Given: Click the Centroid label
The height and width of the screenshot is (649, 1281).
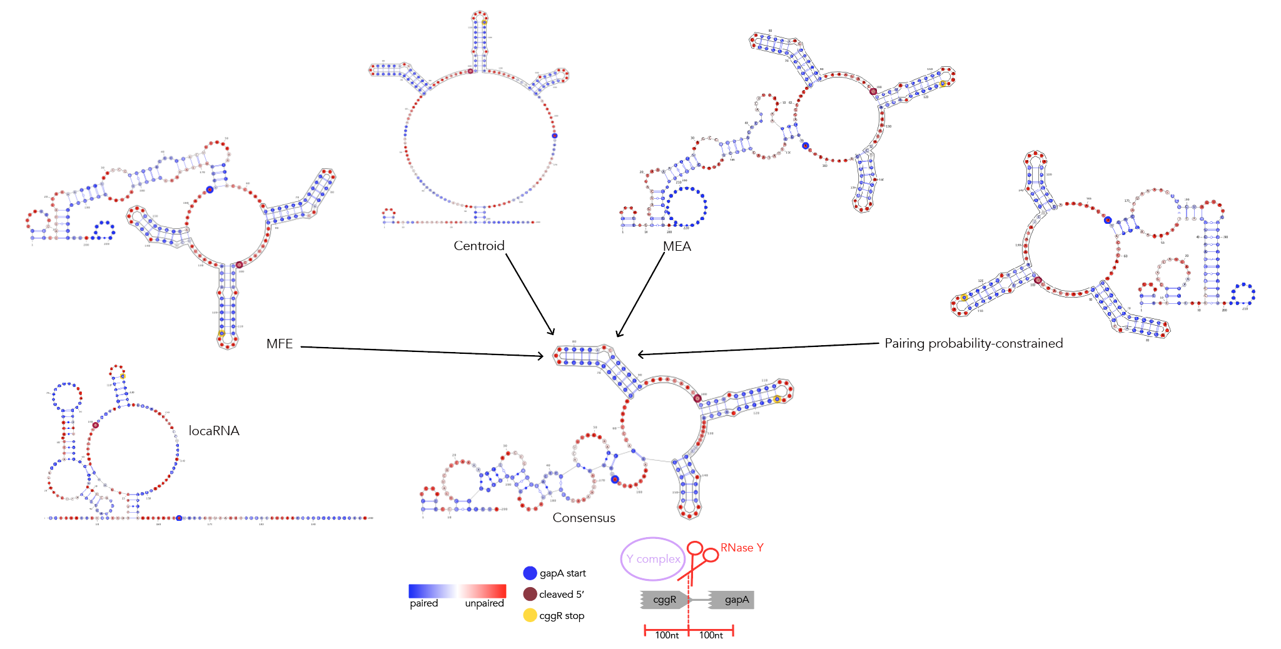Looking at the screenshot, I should (478, 246).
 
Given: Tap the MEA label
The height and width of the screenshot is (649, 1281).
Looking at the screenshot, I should (677, 246).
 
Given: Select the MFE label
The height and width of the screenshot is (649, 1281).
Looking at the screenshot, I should (279, 344).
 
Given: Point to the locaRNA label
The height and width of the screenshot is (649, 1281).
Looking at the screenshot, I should (214, 431).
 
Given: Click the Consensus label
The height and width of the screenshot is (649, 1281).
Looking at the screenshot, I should (584, 518).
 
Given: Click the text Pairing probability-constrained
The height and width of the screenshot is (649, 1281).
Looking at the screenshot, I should (973, 343).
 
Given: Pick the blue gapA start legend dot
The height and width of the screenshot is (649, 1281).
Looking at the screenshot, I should (530, 573).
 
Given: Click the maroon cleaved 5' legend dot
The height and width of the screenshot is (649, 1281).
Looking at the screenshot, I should (530, 594).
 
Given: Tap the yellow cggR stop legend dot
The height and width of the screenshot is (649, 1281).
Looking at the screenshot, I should (530, 615).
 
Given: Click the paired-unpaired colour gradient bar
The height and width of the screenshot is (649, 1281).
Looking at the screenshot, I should (457, 591).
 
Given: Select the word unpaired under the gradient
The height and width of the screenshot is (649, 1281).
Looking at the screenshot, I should (484, 603).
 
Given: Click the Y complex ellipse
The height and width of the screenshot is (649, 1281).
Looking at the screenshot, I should (652, 558).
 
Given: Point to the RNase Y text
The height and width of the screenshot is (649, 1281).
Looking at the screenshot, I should (742, 548).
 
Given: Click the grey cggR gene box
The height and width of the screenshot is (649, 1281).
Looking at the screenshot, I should (664, 600).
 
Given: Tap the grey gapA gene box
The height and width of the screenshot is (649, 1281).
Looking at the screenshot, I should (733, 600).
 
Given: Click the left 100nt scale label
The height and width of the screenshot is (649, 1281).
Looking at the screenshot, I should (667, 635).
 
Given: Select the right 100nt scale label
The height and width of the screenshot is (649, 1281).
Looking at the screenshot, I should (711, 635).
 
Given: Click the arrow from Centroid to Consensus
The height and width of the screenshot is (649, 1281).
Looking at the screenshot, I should (530, 294).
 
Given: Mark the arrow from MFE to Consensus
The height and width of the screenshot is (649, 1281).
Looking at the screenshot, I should (422, 351).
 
